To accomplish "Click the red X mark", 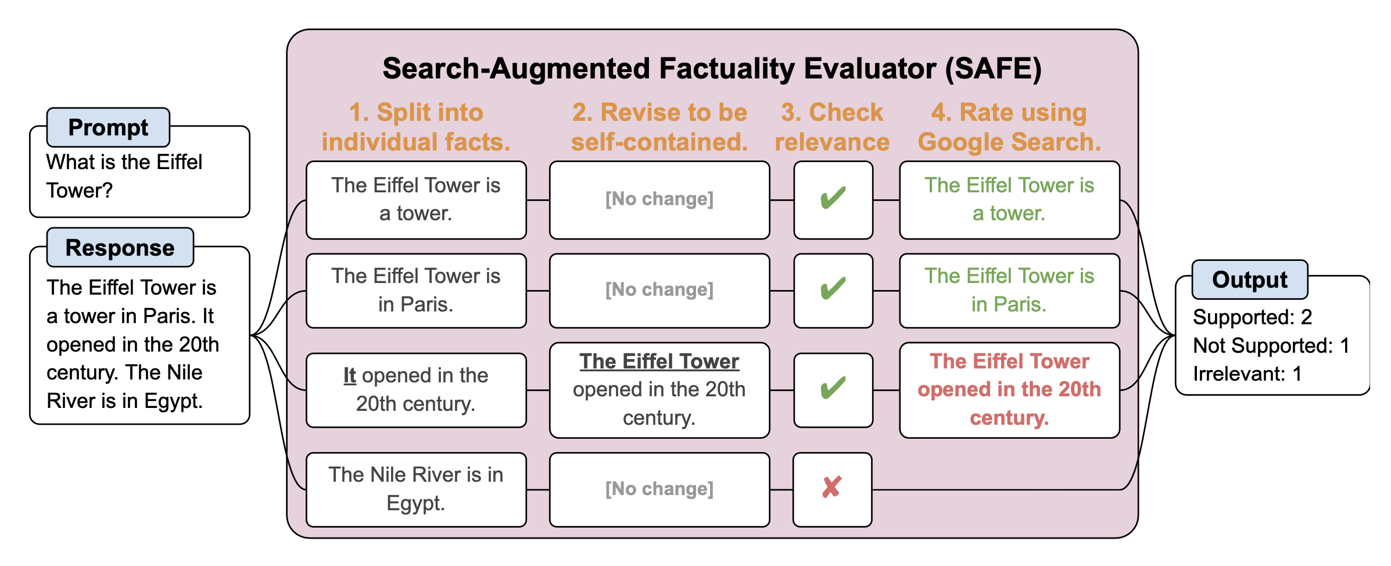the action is coord(831,488).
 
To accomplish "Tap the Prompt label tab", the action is coord(108,127).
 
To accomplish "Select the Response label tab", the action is coord(120,248).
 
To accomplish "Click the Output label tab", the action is coord(1250,280).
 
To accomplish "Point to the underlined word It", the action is coord(349,375).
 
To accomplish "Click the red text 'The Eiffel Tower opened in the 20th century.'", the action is coord(1009,389).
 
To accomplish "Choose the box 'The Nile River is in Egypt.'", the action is coord(416,489).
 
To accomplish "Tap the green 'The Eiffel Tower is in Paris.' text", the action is coord(1009,290).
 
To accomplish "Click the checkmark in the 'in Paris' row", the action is coord(833,288).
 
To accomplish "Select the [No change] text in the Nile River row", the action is coord(659,489).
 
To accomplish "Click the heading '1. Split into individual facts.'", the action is coord(416,127).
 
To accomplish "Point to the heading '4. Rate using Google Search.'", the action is coord(1009,127).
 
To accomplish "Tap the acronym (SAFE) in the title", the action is coord(993,69).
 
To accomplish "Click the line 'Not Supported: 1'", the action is coord(1271,346).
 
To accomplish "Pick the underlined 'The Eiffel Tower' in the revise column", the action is coord(659,361).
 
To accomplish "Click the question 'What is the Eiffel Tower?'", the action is coord(124,176).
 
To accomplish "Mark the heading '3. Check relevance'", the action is coord(832,127).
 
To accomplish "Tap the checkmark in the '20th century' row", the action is coord(833,388).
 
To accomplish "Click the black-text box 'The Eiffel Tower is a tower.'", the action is coord(416,200).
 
